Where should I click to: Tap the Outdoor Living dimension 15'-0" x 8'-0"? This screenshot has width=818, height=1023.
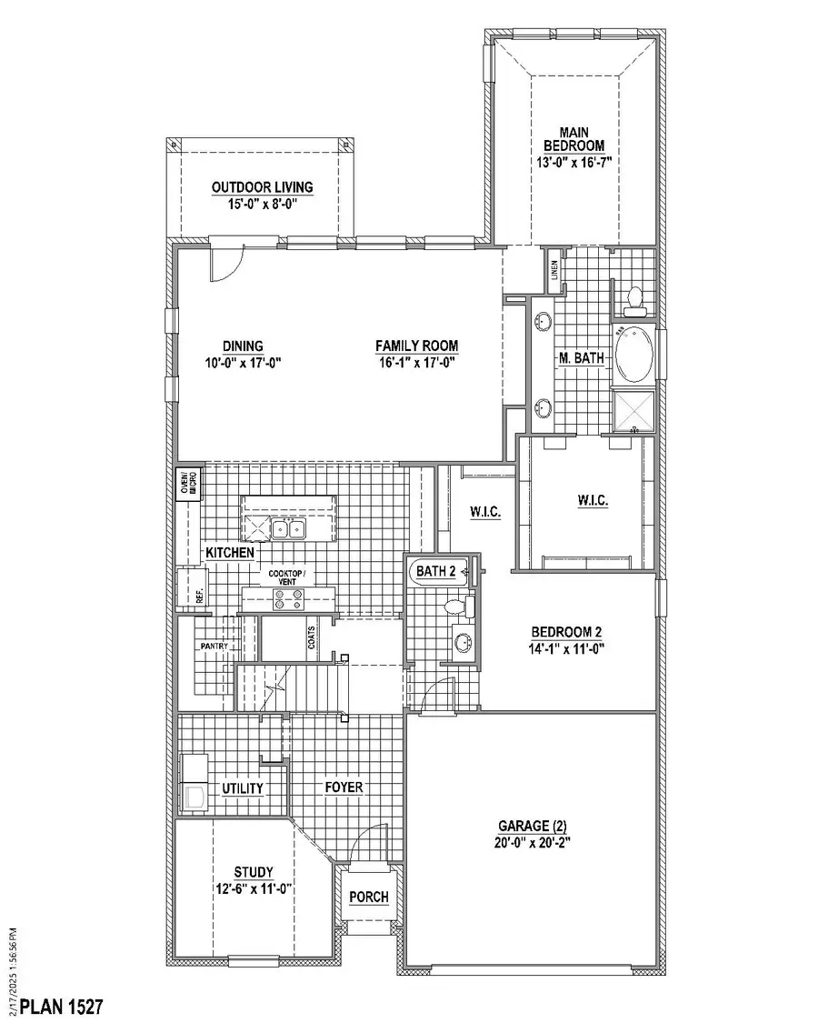262,205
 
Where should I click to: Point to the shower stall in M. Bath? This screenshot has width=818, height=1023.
633,409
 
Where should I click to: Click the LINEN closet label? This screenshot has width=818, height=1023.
553,270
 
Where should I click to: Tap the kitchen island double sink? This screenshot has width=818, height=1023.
290,528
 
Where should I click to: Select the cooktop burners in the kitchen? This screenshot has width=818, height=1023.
288,598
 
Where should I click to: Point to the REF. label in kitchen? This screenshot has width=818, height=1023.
198,596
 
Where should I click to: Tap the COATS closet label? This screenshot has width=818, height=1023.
312,640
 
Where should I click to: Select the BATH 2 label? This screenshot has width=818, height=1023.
436,571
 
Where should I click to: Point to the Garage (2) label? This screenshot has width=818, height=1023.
533,827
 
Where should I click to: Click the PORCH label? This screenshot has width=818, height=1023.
369,897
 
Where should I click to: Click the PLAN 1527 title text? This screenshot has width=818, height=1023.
61,1007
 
